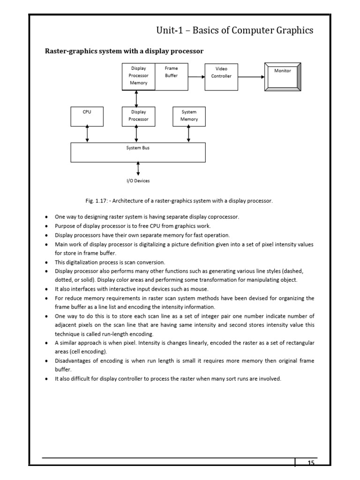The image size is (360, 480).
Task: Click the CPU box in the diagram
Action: point(87,117)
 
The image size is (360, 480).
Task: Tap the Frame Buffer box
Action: point(172,75)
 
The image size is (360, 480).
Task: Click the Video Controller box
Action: point(221,77)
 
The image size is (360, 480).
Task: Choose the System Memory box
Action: point(188,117)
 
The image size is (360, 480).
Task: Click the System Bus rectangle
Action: point(138,152)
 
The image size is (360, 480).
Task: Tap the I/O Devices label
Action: point(138,181)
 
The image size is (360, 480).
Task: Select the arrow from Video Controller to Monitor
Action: point(251,77)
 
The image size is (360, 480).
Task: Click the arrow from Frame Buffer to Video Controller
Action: point(196,77)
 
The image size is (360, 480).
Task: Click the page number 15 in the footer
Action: point(311,463)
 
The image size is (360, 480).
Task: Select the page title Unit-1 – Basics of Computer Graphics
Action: point(234,30)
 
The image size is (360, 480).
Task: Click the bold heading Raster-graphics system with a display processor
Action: point(124,51)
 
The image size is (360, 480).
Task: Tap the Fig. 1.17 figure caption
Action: point(179,201)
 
